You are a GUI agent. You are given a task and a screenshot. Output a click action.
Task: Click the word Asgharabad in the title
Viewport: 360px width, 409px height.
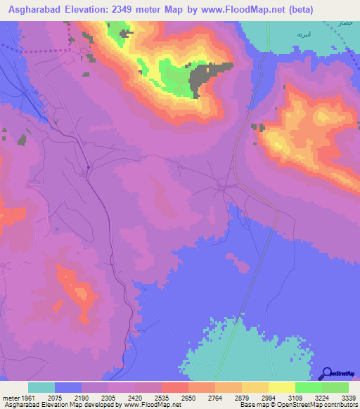pyautogui.click(x=34, y=10)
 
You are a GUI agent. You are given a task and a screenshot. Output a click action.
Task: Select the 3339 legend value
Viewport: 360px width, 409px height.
pyautogui.click(x=347, y=397)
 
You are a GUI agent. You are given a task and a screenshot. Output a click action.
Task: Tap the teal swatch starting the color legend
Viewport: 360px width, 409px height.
pyautogui.click(x=41, y=387)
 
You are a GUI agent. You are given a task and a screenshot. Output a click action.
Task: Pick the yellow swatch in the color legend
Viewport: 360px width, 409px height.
pyautogui.click(x=282, y=387)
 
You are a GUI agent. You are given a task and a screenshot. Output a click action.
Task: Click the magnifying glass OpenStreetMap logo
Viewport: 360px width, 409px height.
pyautogui.click(x=326, y=373)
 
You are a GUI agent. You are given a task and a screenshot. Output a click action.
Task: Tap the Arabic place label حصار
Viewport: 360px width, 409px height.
pyautogui.click(x=344, y=24)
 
